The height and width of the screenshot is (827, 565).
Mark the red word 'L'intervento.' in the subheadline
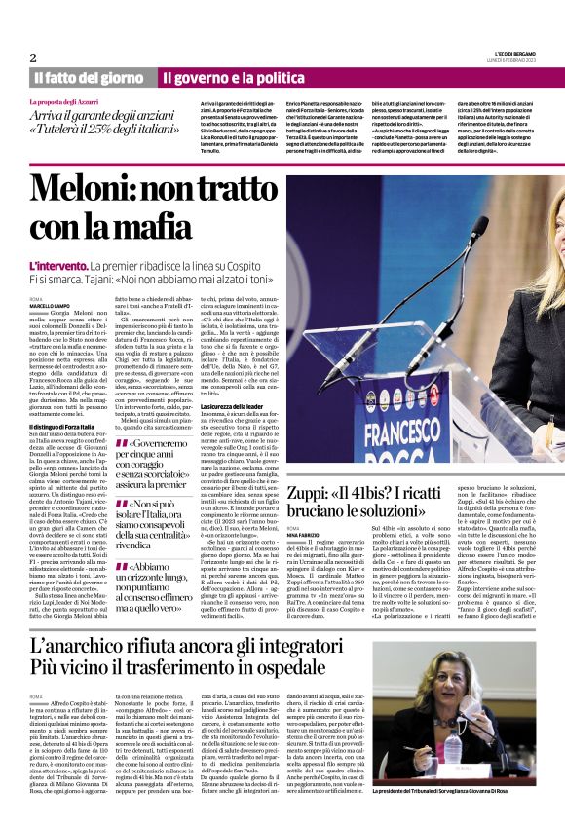coord(58,265)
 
